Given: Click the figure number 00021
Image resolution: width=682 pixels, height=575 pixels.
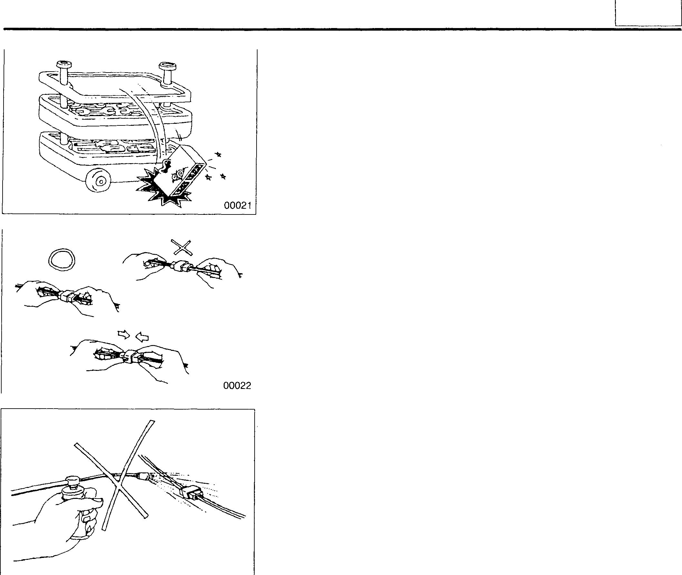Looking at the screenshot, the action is [x=238, y=206].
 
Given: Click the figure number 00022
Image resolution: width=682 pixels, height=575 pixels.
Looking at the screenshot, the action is [x=237, y=386].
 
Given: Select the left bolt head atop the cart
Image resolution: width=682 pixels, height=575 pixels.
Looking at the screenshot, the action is [x=62, y=64].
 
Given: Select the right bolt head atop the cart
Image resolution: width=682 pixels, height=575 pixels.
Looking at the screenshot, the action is [x=168, y=67].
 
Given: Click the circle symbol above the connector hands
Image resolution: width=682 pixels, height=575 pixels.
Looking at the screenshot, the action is [x=62, y=260].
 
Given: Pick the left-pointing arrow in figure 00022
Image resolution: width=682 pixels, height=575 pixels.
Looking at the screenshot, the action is [x=142, y=336].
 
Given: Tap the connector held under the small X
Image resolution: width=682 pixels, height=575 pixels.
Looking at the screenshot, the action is [x=181, y=266].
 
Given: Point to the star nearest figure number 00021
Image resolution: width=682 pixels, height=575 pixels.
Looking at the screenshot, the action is [x=223, y=176].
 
